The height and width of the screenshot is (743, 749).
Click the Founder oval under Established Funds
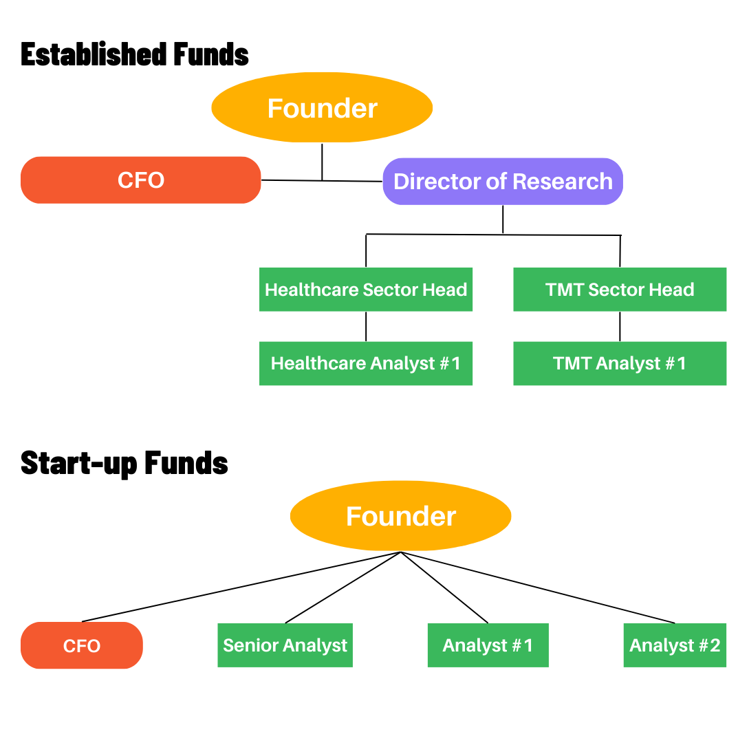[x=322, y=108]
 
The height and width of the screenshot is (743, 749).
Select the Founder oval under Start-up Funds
[x=400, y=516]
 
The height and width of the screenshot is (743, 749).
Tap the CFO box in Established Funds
[x=141, y=180]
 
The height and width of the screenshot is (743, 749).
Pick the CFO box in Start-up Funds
[x=82, y=645]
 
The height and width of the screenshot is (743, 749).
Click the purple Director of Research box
[x=503, y=182]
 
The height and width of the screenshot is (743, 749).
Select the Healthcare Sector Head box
[x=366, y=290]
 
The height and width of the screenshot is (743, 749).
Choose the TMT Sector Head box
[x=620, y=290]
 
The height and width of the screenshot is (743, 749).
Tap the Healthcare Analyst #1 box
[x=366, y=363]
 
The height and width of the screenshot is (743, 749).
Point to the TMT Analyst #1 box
[x=620, y=363]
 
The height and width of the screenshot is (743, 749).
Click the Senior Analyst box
[x=285, y=645]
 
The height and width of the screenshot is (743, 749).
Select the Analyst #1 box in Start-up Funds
[x=488, y=645]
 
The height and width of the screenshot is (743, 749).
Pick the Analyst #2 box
[x=675, y=645]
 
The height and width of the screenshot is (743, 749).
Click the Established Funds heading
[x=135, y=54]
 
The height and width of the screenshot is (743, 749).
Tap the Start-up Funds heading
[x=124, y=463]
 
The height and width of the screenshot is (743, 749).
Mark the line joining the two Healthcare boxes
[x=366, y=327]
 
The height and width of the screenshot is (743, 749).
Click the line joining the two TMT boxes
[x=620, y=327]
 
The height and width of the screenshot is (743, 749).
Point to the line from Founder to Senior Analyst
[x=343, y=587]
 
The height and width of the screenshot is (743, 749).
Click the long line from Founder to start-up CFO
[x=241, y=587]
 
